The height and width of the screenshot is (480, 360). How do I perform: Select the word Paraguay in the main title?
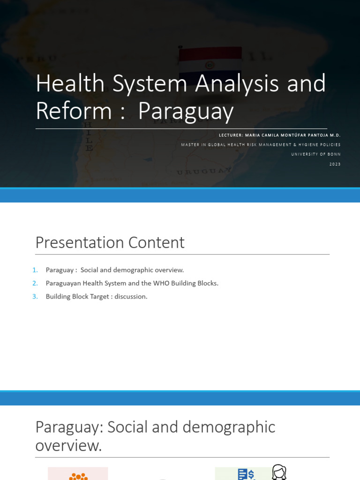(186, 111)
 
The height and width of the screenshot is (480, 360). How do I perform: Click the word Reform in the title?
(74, 111)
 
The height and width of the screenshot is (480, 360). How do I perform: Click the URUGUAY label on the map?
(204, 171)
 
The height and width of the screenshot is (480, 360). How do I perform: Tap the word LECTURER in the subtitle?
(231, 135)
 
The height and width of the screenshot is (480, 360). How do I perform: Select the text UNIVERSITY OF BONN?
(316, 154)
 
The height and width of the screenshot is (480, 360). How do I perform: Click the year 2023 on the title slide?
(335, 164)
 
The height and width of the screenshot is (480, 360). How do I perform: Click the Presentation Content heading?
(110, 243)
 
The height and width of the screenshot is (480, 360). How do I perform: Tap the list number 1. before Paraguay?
(35, 270)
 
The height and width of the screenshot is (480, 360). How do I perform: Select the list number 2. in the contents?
(35, 283)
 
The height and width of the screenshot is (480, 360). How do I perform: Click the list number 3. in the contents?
(35, 297)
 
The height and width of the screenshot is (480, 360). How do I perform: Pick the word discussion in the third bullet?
(131, 297)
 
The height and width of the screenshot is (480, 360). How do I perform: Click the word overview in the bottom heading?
(68, 446)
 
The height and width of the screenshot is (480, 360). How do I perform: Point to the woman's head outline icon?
(279, 472)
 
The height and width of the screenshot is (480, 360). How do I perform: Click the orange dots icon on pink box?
(78, 475)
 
